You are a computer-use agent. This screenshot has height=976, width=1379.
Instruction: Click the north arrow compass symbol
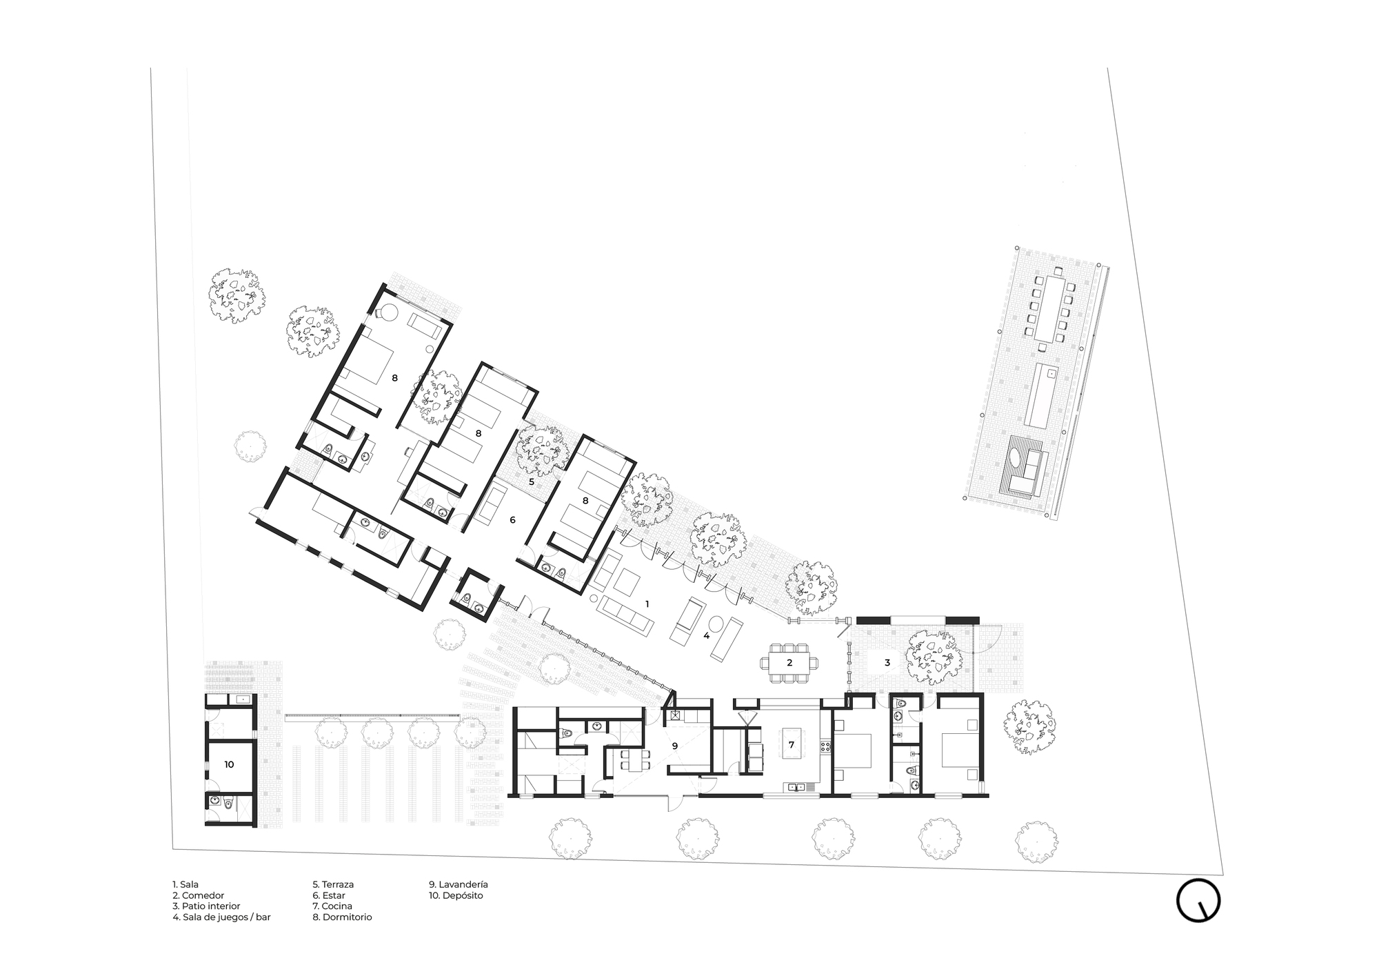[x=1198, y=900]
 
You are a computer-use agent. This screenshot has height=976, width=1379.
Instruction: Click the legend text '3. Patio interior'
[x=206, y=906]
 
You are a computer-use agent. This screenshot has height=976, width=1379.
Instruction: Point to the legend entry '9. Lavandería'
[x=458, y=884]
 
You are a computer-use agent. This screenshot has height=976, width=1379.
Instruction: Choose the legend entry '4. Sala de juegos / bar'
[x=221, y=917]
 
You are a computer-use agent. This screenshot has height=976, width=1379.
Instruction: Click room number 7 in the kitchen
[x=792, y=745]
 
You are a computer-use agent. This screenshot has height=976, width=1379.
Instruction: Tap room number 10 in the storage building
[x=229, y=764]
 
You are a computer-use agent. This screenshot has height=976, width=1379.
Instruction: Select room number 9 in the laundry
[x=675, y=746]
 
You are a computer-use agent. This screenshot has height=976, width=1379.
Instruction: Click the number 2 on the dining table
[x=789, y=663]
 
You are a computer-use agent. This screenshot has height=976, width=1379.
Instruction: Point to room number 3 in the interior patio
[x=887, y=663]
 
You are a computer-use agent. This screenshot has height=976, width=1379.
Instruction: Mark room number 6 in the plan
[x=512, y=520]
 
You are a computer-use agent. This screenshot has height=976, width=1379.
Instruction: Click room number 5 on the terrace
[x=532, y=481]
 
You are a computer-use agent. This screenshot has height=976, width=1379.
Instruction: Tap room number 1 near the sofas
[x=647, y=604]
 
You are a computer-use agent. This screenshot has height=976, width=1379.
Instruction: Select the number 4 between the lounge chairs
[x=706, y=636]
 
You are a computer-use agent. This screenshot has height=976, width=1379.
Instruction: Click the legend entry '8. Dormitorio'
[x=342, y=917]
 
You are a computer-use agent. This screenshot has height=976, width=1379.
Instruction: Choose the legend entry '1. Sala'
[x=185, y=884]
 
